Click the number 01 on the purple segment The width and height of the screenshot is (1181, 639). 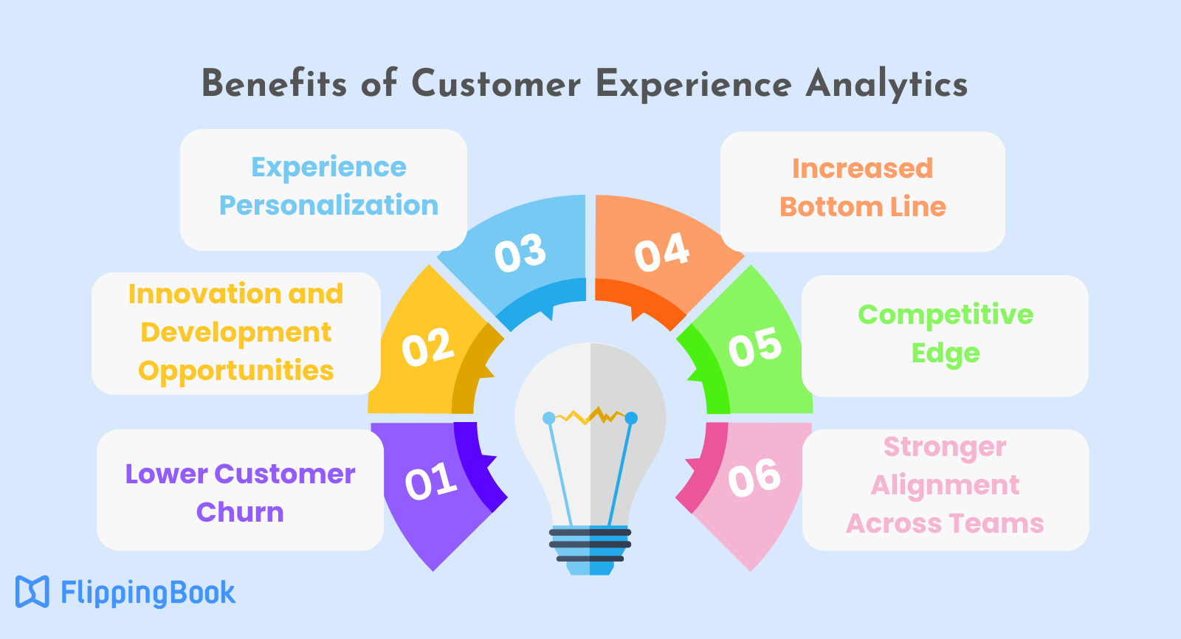point(431,480)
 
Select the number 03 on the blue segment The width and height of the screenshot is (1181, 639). point(520,253)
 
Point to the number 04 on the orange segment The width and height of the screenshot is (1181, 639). point(661,252)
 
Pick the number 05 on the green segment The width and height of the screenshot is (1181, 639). point(755,346)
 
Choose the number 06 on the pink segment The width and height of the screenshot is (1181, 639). point(754,478)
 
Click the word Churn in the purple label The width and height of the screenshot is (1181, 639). point(240,512)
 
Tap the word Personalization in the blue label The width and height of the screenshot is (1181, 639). point(328,206)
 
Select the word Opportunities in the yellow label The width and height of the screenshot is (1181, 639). point(235,371)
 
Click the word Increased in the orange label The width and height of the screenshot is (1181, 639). point(863,169)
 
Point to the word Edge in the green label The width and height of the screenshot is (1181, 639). point(946,353)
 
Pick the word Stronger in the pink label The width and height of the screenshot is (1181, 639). point(945,448)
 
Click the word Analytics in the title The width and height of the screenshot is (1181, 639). point(886,85)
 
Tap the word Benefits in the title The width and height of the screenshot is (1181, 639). point(274,83)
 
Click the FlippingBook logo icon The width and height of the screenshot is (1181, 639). point(32,592)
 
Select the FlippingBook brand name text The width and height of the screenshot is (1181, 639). point(148,593)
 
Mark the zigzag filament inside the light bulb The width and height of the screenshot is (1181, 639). point(590,416)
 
